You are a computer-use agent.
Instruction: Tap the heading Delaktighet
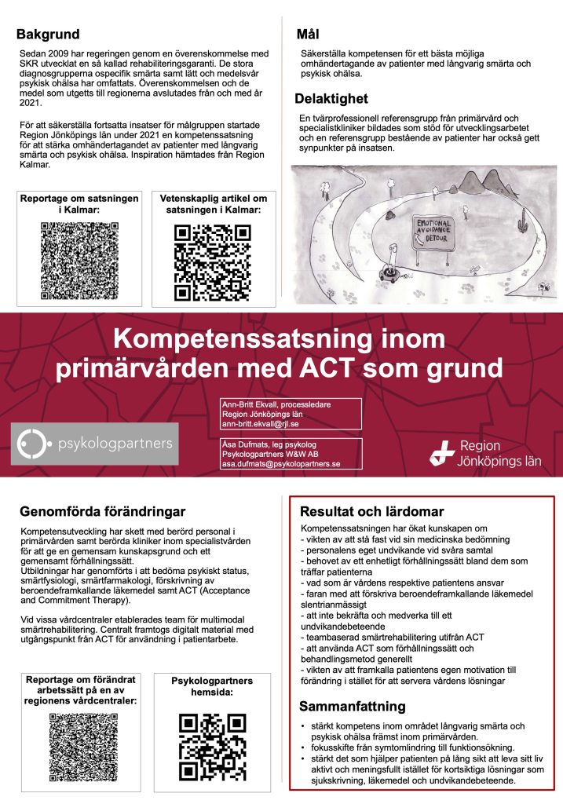(x=331, y=99)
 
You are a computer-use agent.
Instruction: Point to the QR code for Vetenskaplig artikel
(x=213, y=262)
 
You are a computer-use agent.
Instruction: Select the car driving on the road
(x=389, y=273)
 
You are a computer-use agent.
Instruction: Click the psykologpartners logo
(x=94, y=444)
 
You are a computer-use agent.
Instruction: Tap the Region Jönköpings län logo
(x=487, y=453)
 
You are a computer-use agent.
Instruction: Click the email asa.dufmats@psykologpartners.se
(x=280, y=464)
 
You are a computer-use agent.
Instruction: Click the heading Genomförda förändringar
(x=102, y=512)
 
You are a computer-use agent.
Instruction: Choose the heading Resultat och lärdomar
(x=373, y=511)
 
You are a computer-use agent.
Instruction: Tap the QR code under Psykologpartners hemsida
(x=212, y=747)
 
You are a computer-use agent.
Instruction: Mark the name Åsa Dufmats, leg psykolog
(x=268, y=445)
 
